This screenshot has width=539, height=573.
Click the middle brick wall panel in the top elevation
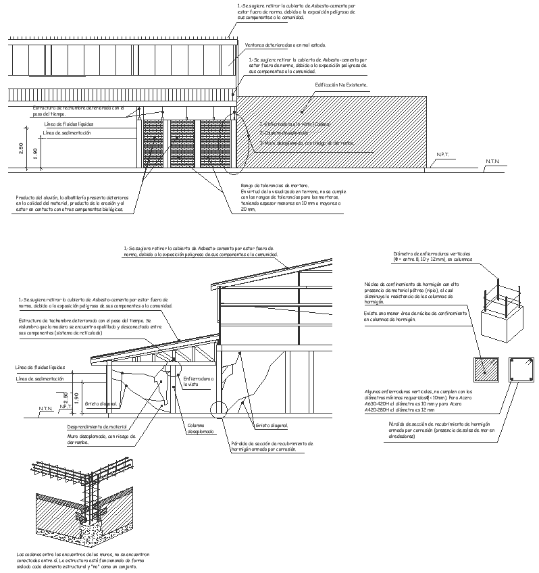click(x=181, y=143)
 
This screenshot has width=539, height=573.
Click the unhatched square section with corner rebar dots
click(x=521, y=370)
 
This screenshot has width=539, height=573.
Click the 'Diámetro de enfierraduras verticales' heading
click(x=432, y=253)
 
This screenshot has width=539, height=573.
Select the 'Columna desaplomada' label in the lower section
click(x=201, y=428)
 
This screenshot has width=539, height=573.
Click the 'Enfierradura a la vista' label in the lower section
click(x=198, y=382)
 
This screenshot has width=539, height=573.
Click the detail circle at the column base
click(x=221, y=411)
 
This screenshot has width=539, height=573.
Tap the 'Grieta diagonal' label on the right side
click(x=272, y=426)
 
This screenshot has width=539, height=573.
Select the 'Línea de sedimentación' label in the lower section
click(x=39, y=379)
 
